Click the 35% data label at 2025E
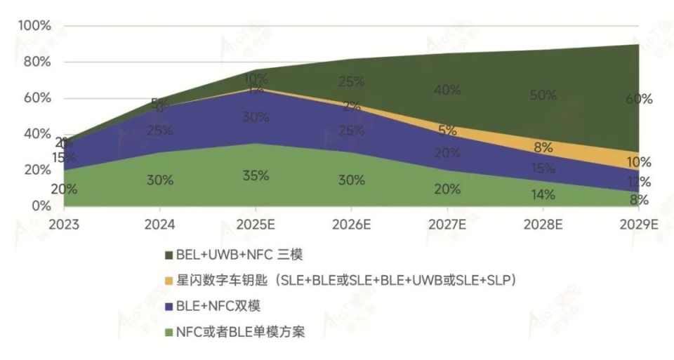tap(256, 175)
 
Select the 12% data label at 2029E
tap(639, 182)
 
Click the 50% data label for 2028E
tap(543, 95)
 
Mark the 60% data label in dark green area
tap(639, 100)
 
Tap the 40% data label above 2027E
tap(447, 90)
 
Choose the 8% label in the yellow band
tap(543, 148)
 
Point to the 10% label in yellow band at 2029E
tap(639, 163)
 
